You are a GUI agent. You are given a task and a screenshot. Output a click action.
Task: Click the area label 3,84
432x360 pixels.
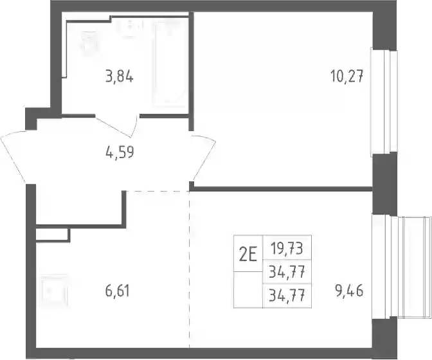(120, 76)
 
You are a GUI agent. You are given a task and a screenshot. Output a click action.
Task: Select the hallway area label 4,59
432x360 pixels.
(120, 152)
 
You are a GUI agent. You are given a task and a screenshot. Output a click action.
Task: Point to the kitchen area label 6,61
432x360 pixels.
(118, 291)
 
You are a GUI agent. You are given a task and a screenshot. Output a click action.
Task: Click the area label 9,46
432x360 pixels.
(349, 291)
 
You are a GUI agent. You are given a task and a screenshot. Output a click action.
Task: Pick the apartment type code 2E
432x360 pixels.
(248, 254)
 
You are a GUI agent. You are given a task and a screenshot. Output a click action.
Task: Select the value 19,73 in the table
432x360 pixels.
(287, 248)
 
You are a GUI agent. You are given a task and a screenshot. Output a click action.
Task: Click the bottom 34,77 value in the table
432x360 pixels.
(287, 296)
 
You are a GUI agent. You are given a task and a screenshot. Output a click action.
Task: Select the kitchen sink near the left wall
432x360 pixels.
(54, 291)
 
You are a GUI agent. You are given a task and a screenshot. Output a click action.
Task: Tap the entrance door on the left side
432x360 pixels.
(14, 157)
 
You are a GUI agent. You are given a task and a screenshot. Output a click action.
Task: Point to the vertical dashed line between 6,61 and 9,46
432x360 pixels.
(190, 269)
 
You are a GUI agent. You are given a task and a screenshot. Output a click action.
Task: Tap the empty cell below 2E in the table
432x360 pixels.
(248, 289)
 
